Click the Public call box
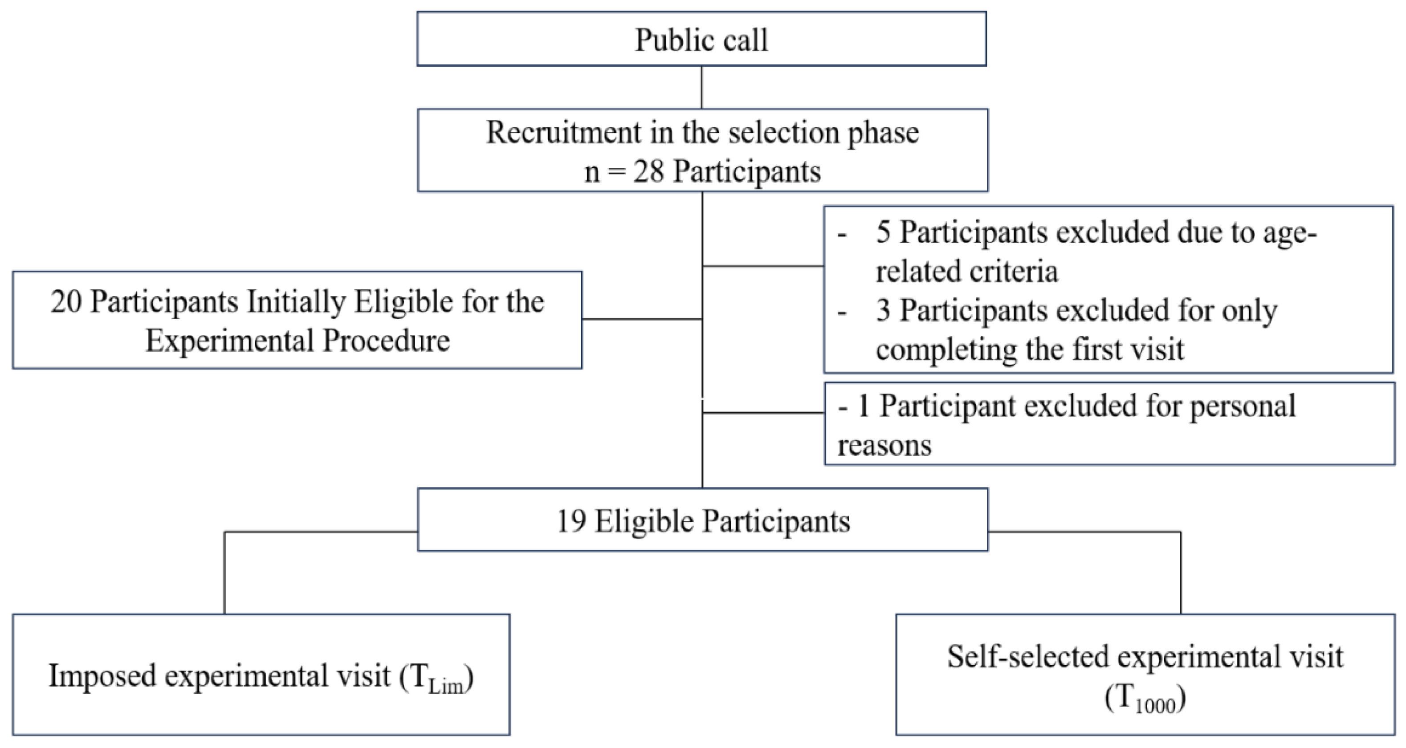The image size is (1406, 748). pyautogui.click(x=701, y=39)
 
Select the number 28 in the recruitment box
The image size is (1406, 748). pyautogui.click(x=648, y=172)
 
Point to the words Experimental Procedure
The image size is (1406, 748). pyautogui.click(x=298, y=341)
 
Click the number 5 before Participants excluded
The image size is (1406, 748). pyautogui.click(x=883, y=232)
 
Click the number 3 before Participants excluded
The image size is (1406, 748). pyautogui.click(x=883, y=310)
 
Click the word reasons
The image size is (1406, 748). pyautogui.click(x=884, y=445)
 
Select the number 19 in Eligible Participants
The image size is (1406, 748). pyautogui.click(x=571, y=521)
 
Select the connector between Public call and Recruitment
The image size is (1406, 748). pyautogui.click(x=701, y=87)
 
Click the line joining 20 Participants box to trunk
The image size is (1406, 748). pyautogui.click(x=641, y=319)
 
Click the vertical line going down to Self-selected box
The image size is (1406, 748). pyautogui.click(x=1181, y=573)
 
